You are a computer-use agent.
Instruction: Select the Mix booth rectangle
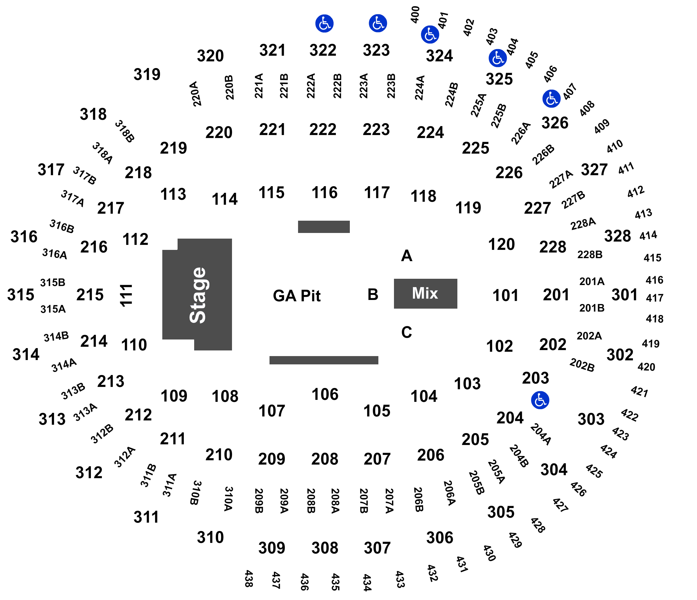click(x=425, y=293)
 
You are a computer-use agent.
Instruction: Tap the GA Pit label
click(x=296, y=296)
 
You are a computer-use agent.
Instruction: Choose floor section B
click(x=373, y=294)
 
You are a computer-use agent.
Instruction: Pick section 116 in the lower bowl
click(x=324, y=193)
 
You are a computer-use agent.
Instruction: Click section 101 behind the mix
click(x=505, y=295)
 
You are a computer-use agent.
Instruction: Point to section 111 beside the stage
click(x=127, y=295)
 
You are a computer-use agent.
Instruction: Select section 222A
click(x=311, y=86)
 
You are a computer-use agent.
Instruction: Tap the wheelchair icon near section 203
click(x=540, y=400)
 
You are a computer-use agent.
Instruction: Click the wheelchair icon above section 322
click(x=324, y=24)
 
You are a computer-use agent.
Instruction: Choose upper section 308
click(x=324, y=548)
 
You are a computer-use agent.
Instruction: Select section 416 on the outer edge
click(x=654, y=280)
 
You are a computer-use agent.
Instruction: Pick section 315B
click(x=53, y=282)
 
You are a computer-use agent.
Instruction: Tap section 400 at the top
click(x=416, y=15)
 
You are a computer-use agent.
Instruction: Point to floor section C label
click(x=406, y=332)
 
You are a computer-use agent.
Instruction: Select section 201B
click(x=592, y=308)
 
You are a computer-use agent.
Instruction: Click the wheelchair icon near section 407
click(x=551, y=99)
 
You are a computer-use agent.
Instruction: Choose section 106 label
click(x=324, y=394)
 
